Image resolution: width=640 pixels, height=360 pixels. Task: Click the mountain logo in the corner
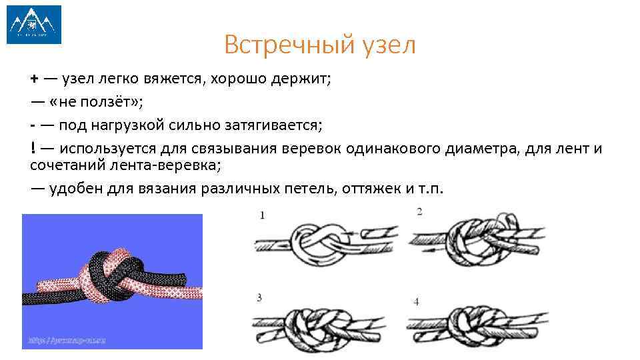click(34, 25)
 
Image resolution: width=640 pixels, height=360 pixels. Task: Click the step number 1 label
click(262, 215)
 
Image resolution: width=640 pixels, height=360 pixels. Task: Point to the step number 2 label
click(419, 211)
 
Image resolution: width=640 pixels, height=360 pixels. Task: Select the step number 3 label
click(259, 297)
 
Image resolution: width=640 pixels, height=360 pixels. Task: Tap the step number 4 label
click(416, 301)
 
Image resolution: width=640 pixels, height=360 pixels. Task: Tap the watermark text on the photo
click(67, 340)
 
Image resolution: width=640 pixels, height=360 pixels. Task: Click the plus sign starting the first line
click(34, 80)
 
